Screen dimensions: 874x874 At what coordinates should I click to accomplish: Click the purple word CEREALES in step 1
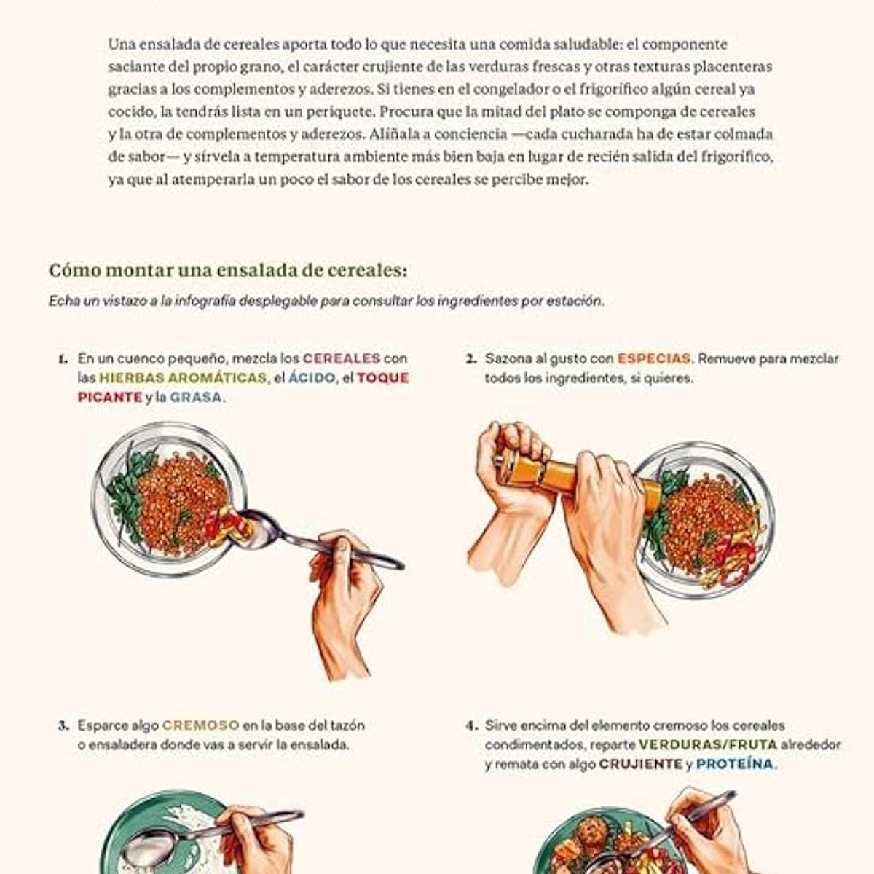point(341,358)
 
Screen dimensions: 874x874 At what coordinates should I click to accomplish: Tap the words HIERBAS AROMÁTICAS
point(182,378)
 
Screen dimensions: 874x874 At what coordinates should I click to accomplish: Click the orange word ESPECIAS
point(653,358)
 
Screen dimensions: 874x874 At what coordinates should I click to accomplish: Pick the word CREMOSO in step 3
point(200,725)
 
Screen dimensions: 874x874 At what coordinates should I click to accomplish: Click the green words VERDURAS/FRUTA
point(708,745)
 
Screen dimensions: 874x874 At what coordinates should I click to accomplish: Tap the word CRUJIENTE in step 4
point(640,765)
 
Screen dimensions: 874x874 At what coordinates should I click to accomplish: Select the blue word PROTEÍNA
point(736,765)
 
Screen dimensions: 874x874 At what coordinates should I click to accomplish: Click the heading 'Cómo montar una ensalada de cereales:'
point(228,270)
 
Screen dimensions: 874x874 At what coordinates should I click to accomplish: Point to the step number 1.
point(63,359)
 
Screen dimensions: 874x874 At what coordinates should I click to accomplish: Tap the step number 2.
point(471,359)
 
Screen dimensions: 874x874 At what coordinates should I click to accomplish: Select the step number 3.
point(63,726)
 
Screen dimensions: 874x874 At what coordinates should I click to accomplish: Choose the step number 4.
point(471,726)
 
